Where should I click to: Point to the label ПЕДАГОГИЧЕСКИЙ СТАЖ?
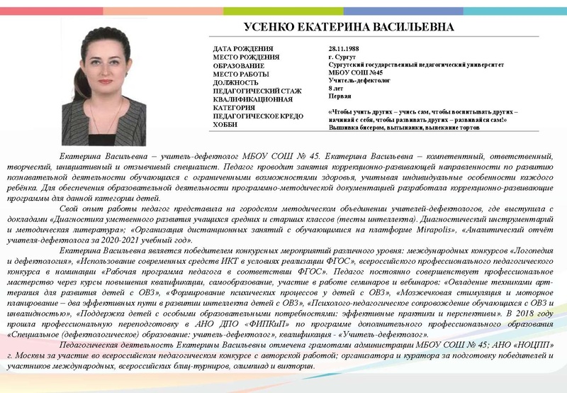[x=257, y=91]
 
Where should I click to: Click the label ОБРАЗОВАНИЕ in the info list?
[x=240, y=65]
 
